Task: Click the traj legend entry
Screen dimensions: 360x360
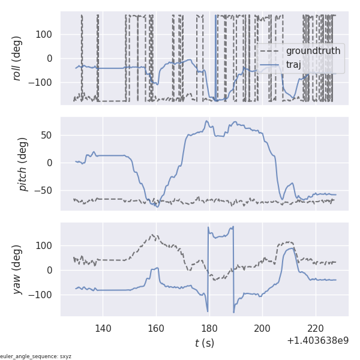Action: pyautogui.click(x=293, y=64)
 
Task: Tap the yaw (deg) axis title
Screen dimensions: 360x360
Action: pyautogui.click(x=17, y=269)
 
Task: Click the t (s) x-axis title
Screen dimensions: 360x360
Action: pyautogui.click(x=204, y=343)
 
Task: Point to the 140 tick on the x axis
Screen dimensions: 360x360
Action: pyautogui.click(x=103, y=328)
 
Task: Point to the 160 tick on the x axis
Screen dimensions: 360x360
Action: pyautogui.click(x=156, y=328)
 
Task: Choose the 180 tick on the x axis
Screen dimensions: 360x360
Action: pyautogui.click(x=209, y=328)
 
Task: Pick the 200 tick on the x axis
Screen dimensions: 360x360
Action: pyautogui.click(x=262, y=328)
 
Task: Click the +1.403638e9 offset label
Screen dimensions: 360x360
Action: pyautogui.click(x=317, y=341)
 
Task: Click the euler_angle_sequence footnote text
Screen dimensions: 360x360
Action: pyautogui.click(x=36, y=356)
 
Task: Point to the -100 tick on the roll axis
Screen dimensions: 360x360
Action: pyautogui.click(x=43, y=82)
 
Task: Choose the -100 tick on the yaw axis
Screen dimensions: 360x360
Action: pyautogui.click(x=43, y=295)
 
